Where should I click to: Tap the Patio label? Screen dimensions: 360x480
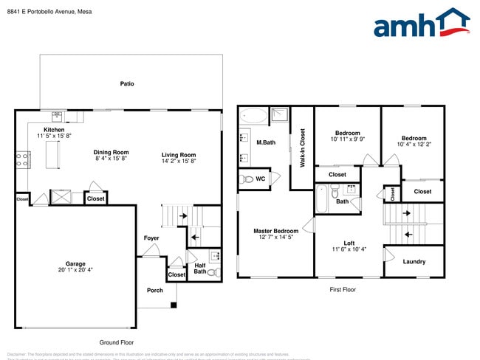click(x=127, y=84)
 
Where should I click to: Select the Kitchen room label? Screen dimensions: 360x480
click(x=54, y=129)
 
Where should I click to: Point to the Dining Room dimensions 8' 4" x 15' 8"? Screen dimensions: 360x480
click(x=112, y=159)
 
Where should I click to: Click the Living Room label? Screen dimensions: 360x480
click(x=179, y=154)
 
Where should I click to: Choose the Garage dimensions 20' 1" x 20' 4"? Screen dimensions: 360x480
click(x=75, y=270)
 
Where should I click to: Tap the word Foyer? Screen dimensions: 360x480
click(x=151, y=238)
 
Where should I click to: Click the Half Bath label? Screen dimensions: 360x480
click(x=200, y=269)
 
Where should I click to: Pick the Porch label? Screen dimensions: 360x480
click(x=155, y=290)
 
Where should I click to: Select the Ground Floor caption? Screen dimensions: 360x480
click(x=117, y=342)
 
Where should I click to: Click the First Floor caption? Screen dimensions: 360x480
click(x=342, y=290)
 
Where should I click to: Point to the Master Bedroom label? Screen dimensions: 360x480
click(x=276, y=231)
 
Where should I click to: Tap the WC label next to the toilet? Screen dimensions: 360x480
click(x=260, y=179)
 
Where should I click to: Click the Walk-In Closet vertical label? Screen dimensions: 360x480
click(x=302, y=147)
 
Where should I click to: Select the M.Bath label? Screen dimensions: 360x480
click(x=266, y=142)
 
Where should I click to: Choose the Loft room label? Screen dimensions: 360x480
click(x=349, y=243)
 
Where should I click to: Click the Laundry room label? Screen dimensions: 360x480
click(x=414, y=262)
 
